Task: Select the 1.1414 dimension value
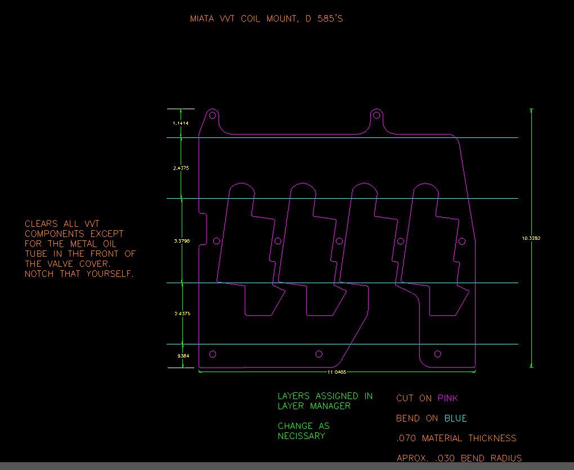pos(181,123)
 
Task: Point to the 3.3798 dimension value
pos(182,241)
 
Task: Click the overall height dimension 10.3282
pos(531,238)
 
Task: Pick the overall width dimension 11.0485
pos(337,372)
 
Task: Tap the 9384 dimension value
pos(183,356)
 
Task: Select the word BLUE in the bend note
pos(455,419)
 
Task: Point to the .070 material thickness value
pos(406,438)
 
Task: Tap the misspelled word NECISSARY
pos(301,436)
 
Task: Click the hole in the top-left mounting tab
pos(213,116)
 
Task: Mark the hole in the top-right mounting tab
pos(376,116)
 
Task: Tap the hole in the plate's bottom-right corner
pos(438,353)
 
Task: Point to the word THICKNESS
pos(492,438)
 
